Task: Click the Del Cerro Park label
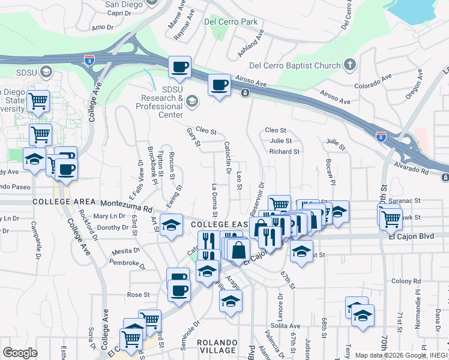coord(231,22)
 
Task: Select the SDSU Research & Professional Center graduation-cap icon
coord(191,100)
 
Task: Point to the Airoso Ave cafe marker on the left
coord(179,67)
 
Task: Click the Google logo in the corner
coord(20,353)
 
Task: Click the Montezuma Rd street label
coord(127,205)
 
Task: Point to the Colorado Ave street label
coord(372,77)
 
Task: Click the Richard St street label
coord(284,152)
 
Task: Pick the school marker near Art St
coord(171,226)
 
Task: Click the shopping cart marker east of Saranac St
coord(390,217)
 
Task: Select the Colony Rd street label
coord(403,281)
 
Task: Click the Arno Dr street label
coord(103,27)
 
